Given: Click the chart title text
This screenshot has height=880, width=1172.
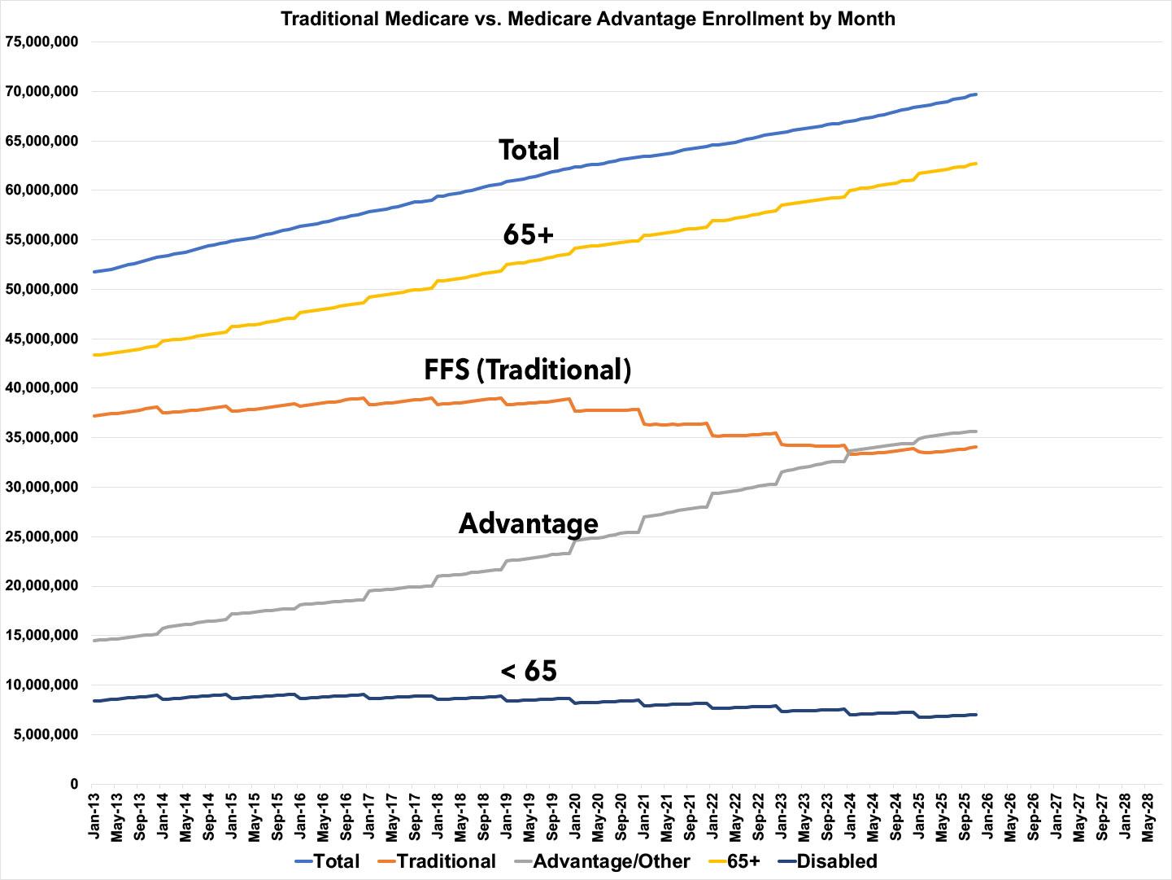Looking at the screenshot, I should [587, 19].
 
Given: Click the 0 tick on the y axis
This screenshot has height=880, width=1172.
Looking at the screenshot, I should [74, 784].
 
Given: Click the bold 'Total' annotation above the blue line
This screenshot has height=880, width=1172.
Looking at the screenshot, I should [529, 150].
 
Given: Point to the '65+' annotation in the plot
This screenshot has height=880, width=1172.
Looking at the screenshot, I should [529, 235].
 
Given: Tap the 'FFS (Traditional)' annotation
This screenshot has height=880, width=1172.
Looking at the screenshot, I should [527, 370].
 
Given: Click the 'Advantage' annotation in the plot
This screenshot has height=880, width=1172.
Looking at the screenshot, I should [528, 523].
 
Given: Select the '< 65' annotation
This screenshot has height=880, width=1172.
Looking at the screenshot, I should [529, 671].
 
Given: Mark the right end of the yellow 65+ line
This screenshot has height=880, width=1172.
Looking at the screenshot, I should [975, 164].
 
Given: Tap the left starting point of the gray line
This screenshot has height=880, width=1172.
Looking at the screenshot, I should [95, 641].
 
